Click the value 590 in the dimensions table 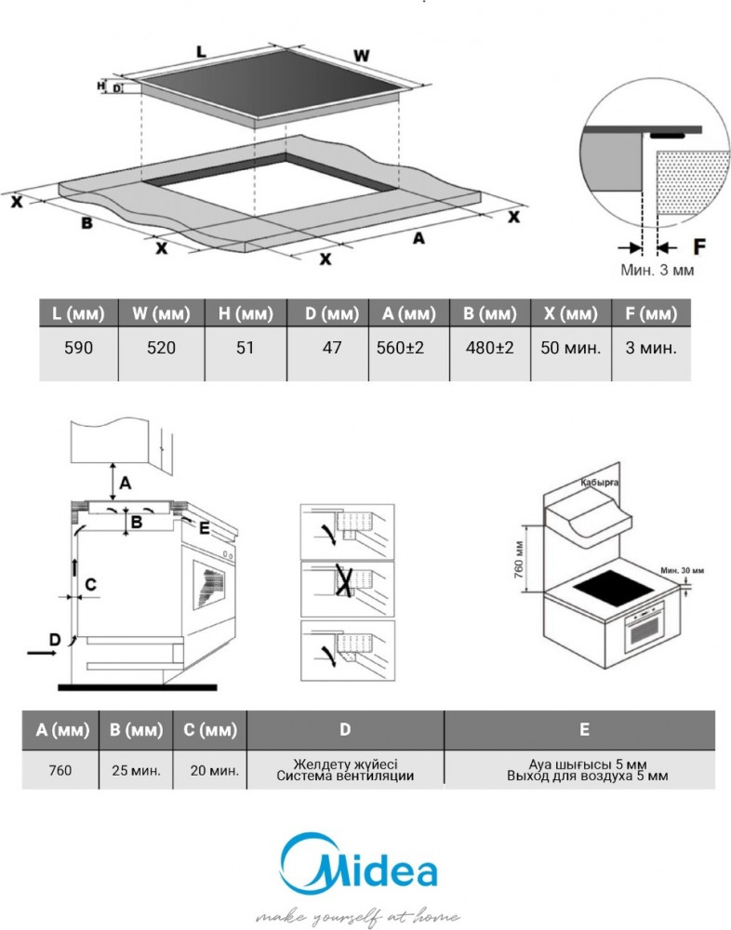(x=78, y=348)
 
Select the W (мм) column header (x=161, y=313)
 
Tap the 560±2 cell (x=401, y=348)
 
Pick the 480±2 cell (x=489, y=348)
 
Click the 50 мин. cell (x=571, y=348)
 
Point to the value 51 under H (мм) (x=245, y=348)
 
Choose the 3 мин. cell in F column (x=651, y=348)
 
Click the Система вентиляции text (x=345, y=776)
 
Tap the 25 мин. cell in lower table (x=137, y=770)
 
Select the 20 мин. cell (x=215, y=770)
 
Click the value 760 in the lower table (x=60, y=770)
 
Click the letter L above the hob (x=201, y=52)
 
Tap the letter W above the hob (x=362, y=56)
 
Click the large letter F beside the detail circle (x=699, y=246)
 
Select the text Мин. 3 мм (x=657, y=270)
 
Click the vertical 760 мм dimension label (x=519, y=559)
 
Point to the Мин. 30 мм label (x=683, y=571)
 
